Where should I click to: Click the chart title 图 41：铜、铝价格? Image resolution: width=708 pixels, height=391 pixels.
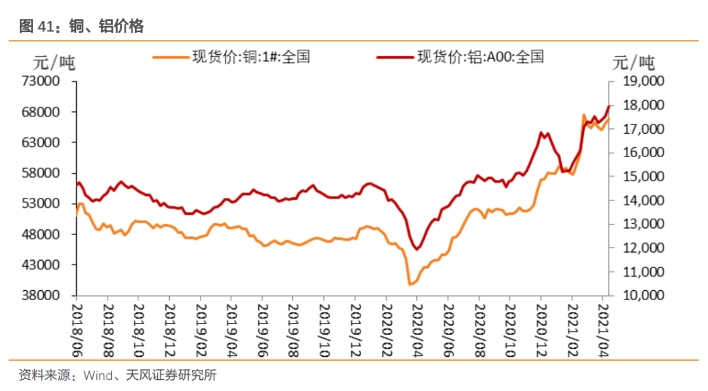point(82,26)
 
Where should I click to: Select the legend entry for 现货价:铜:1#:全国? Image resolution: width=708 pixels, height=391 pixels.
point(250,57)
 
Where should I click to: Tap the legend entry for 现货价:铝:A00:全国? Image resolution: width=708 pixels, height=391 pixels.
point(479,57)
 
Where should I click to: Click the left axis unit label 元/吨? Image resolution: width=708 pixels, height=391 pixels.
point(54,63)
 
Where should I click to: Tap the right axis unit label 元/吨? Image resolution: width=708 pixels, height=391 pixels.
point(633,63)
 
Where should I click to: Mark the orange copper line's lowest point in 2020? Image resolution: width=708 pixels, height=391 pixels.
point(410,284)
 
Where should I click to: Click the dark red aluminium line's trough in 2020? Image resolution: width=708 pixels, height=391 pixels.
point(417,249)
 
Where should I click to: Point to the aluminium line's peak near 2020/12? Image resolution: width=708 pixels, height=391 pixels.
point(541,133)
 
